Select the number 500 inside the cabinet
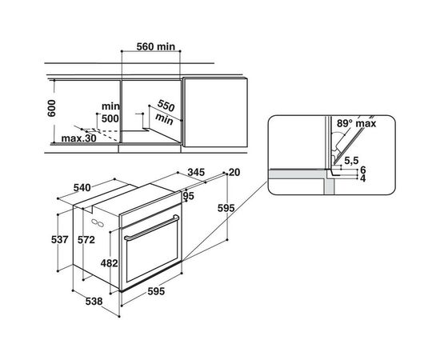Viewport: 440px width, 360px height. [x=109, y=118]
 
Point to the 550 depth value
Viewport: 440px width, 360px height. [x=166, y=106]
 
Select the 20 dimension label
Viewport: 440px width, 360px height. [x=234, y=172]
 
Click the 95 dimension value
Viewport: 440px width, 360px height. [x=189, y=197]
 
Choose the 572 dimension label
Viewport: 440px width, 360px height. [x=98, y=239]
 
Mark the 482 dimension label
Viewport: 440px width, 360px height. [x=110, y=262]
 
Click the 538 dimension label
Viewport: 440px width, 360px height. [x=95, y=302]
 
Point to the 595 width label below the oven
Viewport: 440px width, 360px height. [x=154, y=292]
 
